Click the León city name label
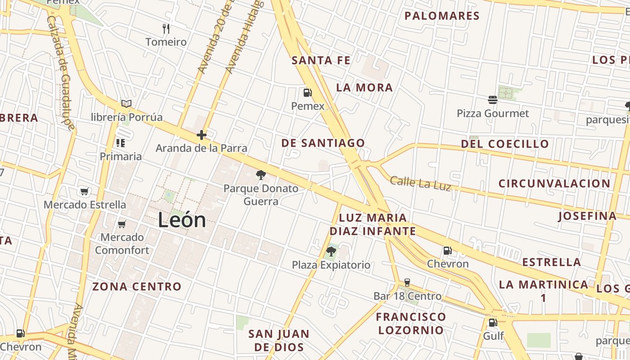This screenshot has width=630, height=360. [182, 220]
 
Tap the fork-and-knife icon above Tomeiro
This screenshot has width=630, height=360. [166, 29]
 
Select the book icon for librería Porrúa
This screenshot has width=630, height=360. [126, 104]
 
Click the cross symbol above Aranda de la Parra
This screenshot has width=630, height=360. [201, 135]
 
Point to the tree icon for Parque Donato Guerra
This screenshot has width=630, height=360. [261, 175]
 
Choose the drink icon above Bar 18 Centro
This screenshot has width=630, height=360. [407, 283]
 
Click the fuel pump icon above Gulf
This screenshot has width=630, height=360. [493, 322]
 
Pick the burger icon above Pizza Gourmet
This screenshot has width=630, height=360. [493, 99]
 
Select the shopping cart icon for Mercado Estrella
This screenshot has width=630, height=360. [84, 191]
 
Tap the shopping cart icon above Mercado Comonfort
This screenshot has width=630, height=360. [121, 224]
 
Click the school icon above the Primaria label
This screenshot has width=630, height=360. [120, 143]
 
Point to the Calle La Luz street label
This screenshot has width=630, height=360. [420, 183]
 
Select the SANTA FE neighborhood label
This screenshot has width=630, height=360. [321, 60]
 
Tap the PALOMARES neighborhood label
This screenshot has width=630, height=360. [442, 16]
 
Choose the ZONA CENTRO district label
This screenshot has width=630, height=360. [137, 287]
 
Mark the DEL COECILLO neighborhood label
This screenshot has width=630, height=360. [505, 144]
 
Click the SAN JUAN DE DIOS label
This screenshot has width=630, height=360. [279, 340]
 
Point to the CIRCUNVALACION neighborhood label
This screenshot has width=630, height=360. [554, 184]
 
